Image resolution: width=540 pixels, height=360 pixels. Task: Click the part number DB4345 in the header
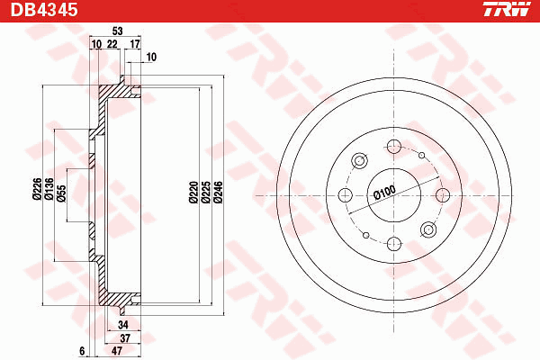44,10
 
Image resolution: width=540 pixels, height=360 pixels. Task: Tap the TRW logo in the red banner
507,9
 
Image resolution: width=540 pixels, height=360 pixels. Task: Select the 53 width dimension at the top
117,31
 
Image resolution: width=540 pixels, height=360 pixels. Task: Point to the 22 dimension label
112,44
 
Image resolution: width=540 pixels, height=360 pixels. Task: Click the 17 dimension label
135,44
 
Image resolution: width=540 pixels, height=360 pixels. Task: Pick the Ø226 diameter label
37,189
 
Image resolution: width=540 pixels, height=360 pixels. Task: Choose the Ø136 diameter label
49,189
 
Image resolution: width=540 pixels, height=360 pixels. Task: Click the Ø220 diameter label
193,193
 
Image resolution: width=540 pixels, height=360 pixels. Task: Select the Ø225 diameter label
206,193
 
